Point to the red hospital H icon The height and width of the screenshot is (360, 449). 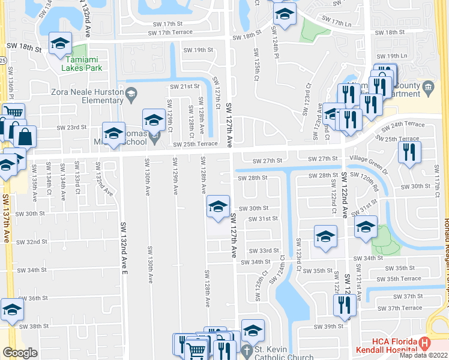425,343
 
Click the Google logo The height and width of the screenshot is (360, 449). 20,353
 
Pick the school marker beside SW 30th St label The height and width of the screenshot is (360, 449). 218,207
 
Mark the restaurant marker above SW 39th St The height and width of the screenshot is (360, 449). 345,305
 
